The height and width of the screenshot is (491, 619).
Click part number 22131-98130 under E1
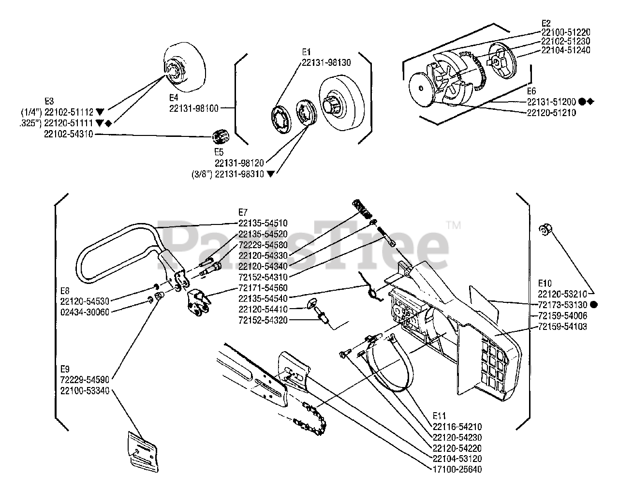pyautogui.click(x=326, y=62)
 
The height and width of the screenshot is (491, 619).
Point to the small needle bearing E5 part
pyautogui.click(x=221, y=138)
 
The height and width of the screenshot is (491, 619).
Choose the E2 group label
pyautogui.click(x=546, y=23)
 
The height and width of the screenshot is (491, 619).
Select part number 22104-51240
pyautogui.click(x=565, y=50)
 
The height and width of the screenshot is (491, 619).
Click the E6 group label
pyautogui.click(x=531, y=91)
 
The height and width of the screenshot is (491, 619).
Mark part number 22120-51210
pyautogui.click(x=551, y=113)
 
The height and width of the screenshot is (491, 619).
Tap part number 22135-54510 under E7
pyautogui.click(x=263, y=223)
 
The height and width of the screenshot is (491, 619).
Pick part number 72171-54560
pyautogui.click(x=263, y=288)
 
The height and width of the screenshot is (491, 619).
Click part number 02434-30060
pyautogui.click(x=85, y=311)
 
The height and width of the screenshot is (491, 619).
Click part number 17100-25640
pyautogui.click(x=457, y=469)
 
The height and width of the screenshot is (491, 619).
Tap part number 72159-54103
pyautogui.click(x=562, y=327)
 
